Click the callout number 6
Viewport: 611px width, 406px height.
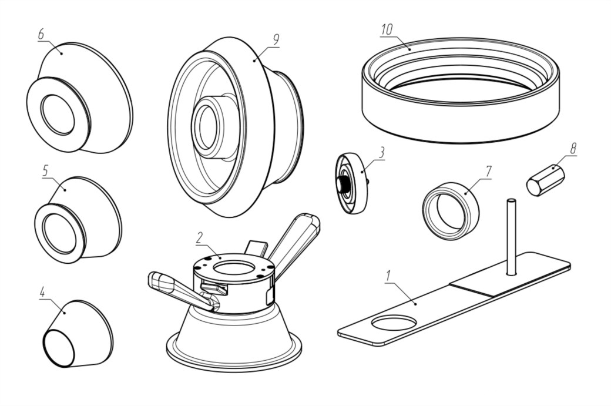click(41, 34)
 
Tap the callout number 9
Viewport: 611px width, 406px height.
click(276, 39)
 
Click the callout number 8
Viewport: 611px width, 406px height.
click(573, 148)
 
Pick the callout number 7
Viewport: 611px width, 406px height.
click(488, 171)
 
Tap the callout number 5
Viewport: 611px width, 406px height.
click(45, 170)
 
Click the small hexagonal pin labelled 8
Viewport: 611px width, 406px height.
click(545, 179)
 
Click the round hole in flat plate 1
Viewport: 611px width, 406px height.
click(394, 323)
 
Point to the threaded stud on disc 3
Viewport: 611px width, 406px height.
click(341, 184)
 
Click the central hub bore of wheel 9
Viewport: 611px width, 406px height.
click(206, 126)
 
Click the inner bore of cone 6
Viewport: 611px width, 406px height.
click(57, 113)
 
